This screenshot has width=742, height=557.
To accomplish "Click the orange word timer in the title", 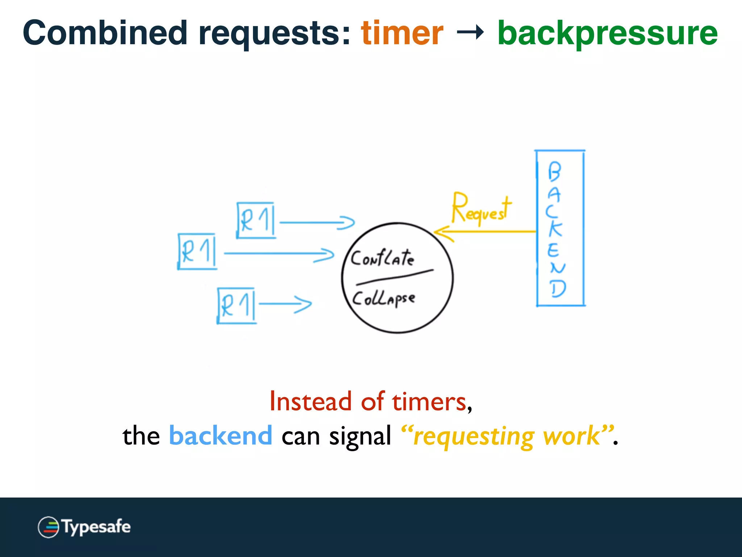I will (402, 33).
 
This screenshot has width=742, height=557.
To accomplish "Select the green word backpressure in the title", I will (607, 33).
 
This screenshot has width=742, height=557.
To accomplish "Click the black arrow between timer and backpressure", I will (470, 33).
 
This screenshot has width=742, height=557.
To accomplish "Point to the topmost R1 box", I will (256, 220).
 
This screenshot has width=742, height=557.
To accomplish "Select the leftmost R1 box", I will (197, 251).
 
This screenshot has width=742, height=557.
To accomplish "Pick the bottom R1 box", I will (237, 305).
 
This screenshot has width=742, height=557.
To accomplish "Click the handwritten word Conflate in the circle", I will (382, 258).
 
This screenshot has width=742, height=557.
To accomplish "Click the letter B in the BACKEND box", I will (554, 171).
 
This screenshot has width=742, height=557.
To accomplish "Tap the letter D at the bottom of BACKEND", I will (557, 289).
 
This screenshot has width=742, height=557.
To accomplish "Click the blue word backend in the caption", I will (220, 436).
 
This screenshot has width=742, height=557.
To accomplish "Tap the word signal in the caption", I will (360, 436).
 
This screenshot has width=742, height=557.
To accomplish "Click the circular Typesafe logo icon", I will (48, 527).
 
